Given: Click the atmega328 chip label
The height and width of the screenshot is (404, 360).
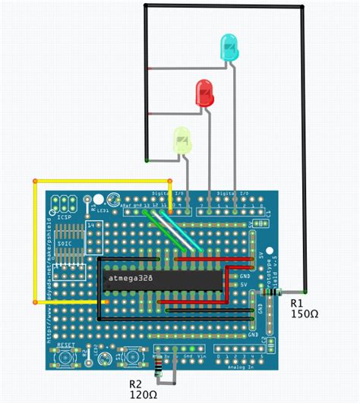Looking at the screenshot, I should [x=129, y=279].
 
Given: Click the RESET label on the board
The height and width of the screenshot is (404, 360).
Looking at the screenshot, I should [x=65, y=343].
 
